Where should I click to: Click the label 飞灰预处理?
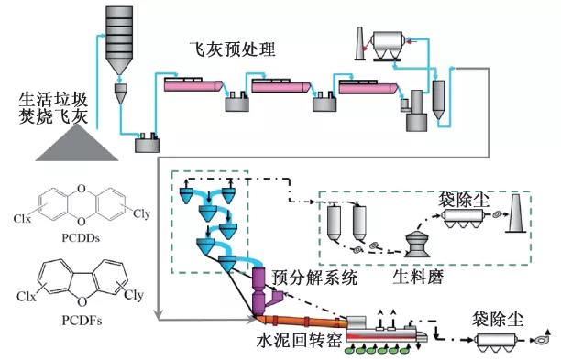(233, 49)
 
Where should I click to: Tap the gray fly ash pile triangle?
(77, 144)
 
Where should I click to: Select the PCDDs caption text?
(81, 238)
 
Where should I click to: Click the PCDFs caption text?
(82, 321)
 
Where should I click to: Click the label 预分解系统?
(314, 278)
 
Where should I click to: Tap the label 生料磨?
(418, 277)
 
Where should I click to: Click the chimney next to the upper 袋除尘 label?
(515, 213)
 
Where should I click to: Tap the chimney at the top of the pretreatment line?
(360, 44)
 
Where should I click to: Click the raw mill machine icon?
(417, 244)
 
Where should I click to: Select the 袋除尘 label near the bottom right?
(498, 320)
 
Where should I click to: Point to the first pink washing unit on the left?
(193, 84)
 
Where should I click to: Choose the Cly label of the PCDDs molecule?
(141, 213)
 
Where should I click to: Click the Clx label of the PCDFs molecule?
(27, 297)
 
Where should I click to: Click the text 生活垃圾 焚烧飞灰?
(53, 107)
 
